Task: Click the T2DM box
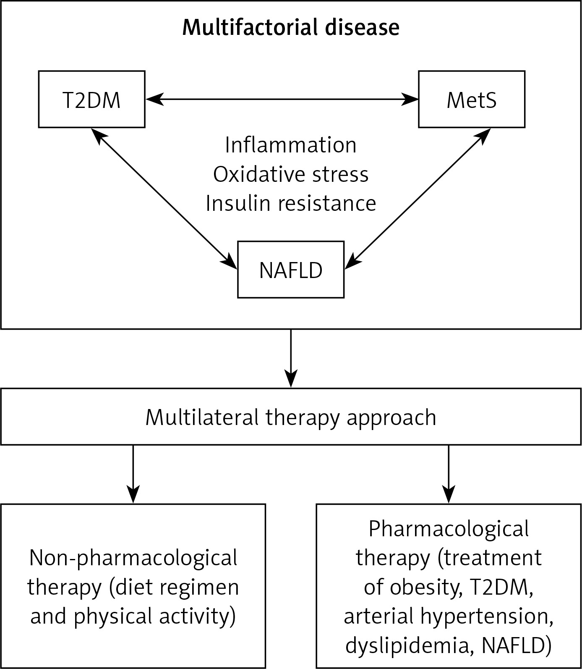click(91, 99)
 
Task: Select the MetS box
click(472, 99)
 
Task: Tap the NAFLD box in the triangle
click(291, 270)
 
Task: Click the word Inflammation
click(291, 145)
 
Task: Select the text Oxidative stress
click(291, 174)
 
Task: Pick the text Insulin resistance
click(291, 203)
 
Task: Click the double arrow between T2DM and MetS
click(282, 100)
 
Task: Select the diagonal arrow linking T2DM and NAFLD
click(164, 198)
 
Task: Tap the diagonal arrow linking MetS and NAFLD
click(418, 198)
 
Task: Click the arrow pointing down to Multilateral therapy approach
click(291, 358)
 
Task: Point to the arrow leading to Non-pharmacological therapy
click(133, 474)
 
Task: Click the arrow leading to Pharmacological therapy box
click(449, 474)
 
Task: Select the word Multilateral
click(202, 417)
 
